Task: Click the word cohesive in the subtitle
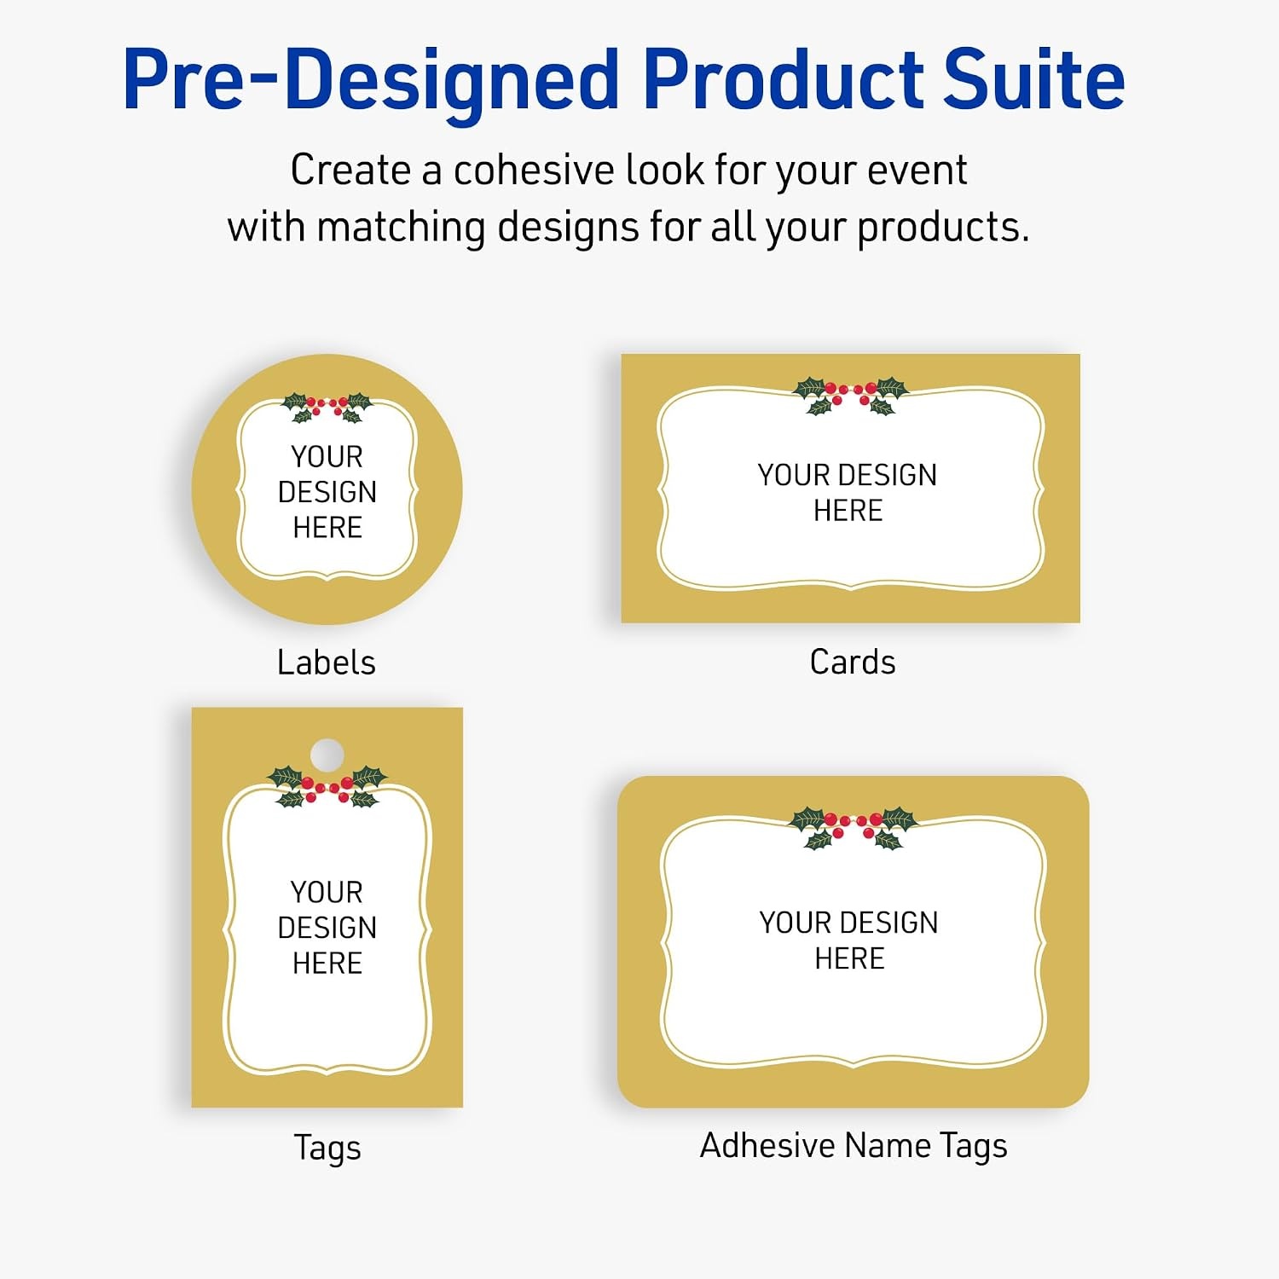532,170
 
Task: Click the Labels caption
327,663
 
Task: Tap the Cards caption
853,663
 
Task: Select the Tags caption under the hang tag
327,1149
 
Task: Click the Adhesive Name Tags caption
854,1146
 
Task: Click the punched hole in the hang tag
327,755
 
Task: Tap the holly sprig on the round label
327,407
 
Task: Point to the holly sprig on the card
851,395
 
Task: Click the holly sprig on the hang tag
327,786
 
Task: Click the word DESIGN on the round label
327,492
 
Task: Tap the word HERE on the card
848,511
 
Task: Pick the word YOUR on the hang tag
327,892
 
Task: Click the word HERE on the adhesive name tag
849,958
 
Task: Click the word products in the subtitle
943,228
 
